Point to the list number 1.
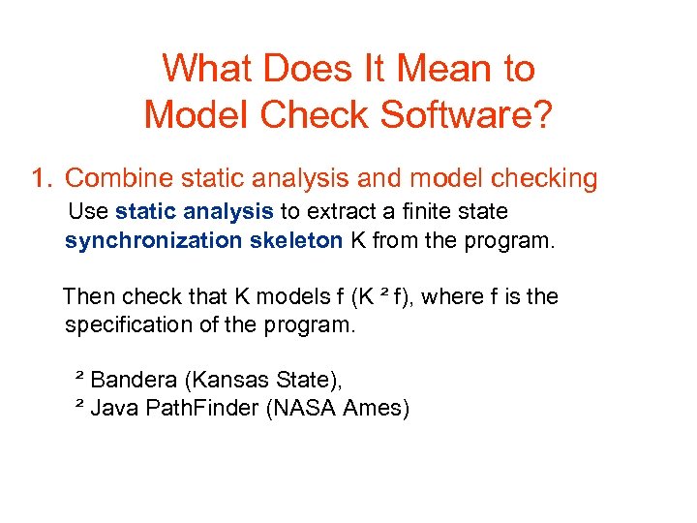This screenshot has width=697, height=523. pyautogui.click(x=40, y=179)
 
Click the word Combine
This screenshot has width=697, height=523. pyautogui.click(x=111, y=179)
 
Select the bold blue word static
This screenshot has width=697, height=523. pyautogui.click(x=145, y=211)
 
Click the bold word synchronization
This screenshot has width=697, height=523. pyautogui.click(x=153, y=240)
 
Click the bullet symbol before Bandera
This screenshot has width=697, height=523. pyautogui.click(x=79, y=376)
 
